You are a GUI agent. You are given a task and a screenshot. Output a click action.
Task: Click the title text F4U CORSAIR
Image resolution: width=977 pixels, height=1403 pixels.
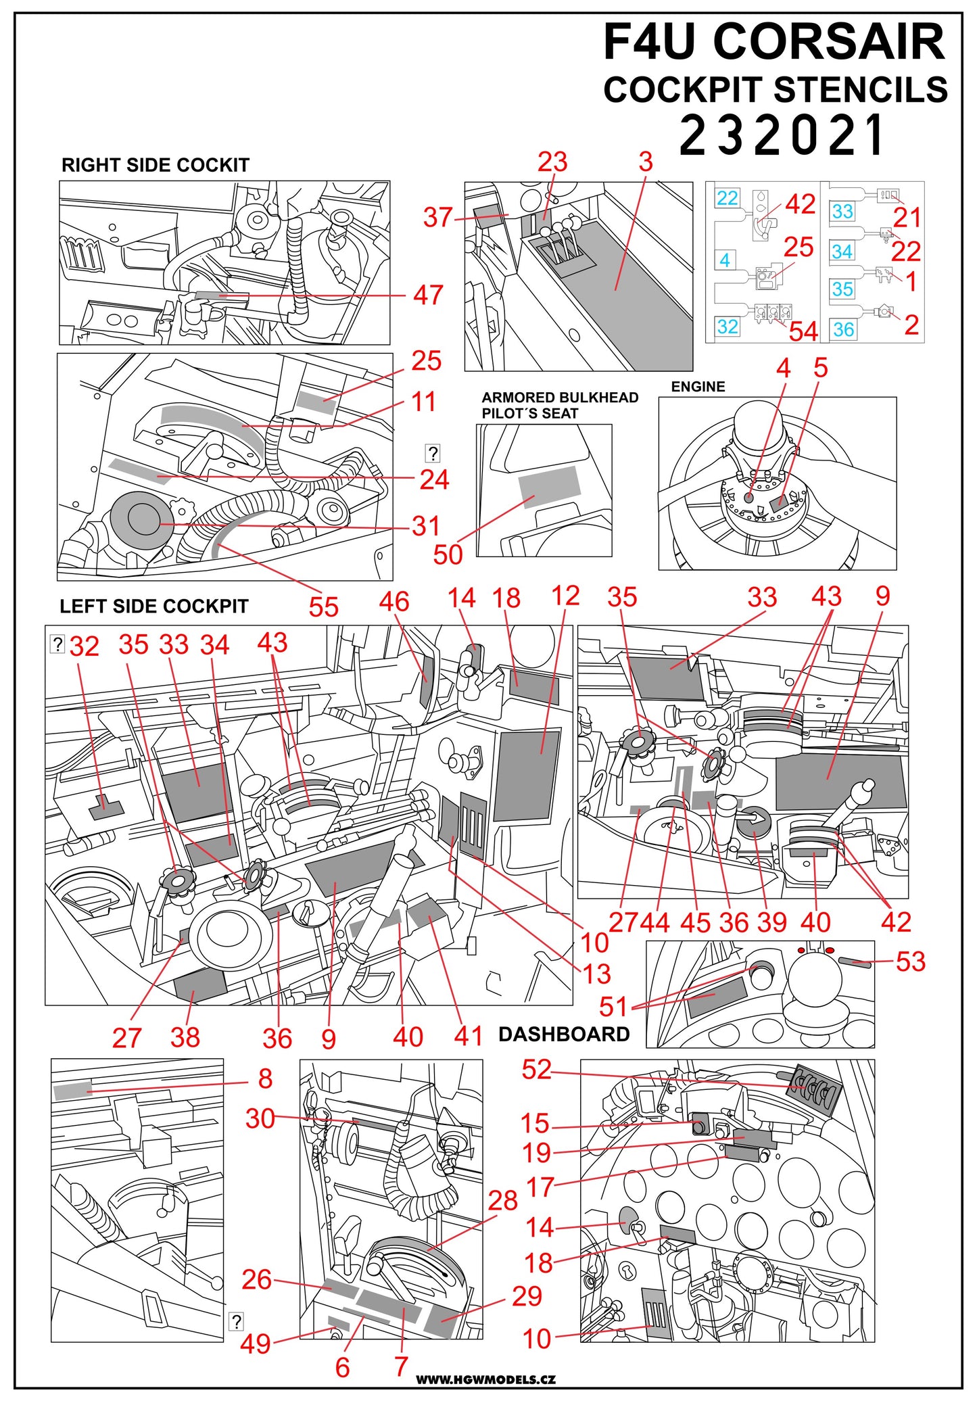773,42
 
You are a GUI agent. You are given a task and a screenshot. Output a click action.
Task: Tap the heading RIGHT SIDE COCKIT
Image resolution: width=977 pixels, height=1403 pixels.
155,165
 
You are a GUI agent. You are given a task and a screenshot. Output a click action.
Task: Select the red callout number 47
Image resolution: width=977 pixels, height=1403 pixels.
428,295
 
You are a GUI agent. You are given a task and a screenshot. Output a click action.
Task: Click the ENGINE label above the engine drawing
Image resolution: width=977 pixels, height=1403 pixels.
697,387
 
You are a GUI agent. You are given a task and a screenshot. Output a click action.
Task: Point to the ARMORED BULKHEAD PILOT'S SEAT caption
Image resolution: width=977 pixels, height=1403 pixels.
559,405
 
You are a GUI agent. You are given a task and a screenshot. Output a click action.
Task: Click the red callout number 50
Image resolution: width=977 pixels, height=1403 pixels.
448,554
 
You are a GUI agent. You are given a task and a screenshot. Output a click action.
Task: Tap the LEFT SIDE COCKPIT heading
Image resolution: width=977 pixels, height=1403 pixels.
153,606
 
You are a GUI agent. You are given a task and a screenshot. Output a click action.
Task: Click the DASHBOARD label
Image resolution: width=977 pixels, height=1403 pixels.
563,1034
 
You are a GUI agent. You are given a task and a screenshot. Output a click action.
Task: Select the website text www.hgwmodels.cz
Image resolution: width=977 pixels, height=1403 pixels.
485,1379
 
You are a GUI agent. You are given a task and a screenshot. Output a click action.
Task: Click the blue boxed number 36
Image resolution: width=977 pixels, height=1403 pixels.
843,329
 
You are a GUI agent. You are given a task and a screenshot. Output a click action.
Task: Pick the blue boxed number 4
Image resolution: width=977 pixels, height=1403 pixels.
725,260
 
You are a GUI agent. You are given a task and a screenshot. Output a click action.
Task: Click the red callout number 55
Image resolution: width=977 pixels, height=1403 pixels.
323,607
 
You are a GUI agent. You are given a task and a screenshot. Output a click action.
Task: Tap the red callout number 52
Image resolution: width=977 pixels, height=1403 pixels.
536,1069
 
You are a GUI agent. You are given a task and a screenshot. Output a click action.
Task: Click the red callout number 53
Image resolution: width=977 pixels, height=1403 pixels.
910,961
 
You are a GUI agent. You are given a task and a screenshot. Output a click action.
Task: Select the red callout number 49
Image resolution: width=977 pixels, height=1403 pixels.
255,1343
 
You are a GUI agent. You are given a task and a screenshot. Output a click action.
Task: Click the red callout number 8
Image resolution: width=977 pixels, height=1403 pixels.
265,1078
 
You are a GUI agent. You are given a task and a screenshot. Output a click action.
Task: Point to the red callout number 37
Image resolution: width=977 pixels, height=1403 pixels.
437,218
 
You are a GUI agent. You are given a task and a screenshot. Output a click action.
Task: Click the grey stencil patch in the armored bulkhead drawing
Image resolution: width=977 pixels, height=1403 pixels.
548,486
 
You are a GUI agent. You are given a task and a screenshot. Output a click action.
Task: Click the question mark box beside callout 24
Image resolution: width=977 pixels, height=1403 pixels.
433,453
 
